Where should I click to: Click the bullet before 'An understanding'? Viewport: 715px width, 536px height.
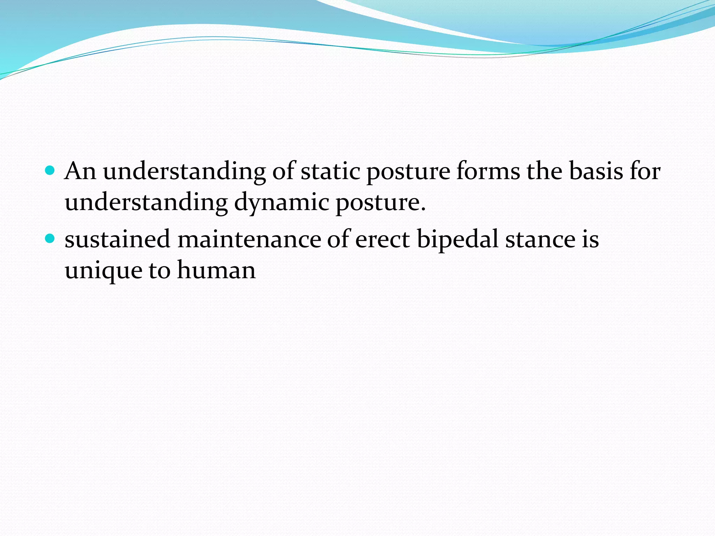(51, 171)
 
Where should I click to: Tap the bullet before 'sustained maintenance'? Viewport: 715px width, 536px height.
(51, 239)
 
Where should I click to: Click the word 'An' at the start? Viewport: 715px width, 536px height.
(80, 171)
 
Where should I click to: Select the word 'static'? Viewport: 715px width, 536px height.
(330, 171)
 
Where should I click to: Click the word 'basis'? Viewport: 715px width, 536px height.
(596, 171)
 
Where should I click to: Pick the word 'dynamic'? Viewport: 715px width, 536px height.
(281, 202)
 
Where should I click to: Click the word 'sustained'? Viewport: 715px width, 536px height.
(117, 239)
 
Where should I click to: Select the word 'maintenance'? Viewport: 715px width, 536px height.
(249, 239)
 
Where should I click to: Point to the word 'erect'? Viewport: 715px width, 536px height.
(382, 239)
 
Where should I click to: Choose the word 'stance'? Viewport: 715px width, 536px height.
(540, 240)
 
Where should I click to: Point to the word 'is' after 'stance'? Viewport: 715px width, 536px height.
(590, 239)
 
